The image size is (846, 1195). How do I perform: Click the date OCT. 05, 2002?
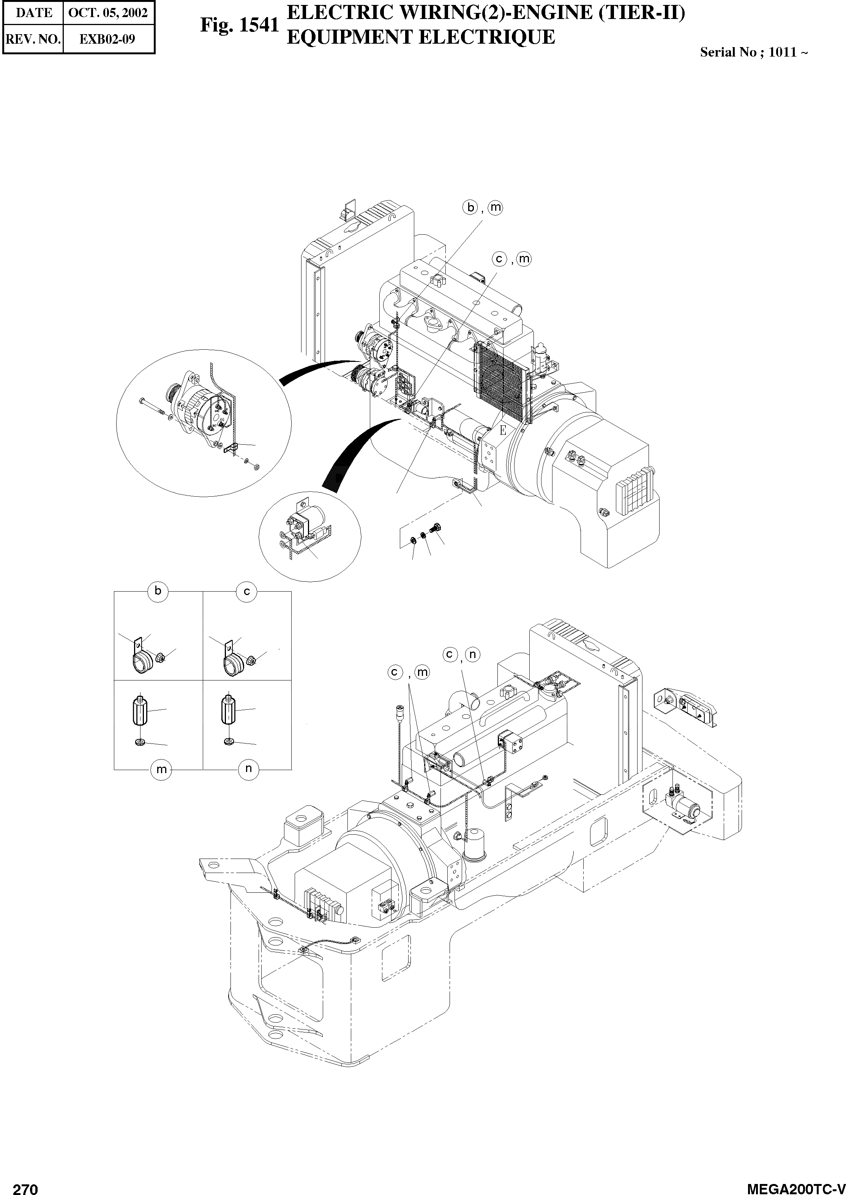click(x=108, y=13)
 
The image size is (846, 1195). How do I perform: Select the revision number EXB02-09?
click(x=107, y=39)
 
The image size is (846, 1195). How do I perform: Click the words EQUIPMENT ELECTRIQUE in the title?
click(x=421, y=38)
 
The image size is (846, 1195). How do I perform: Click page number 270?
click(x=25, y=1186)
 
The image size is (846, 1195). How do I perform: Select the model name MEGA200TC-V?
click(x=795, y=1186)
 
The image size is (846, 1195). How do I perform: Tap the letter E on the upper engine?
click(x=503, y=430)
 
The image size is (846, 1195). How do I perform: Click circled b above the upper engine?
click(x=470, y=207)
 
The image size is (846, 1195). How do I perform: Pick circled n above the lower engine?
click(x=472, y=654)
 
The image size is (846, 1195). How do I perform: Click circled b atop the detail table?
click(x=158, y=591)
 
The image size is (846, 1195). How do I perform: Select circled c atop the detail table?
click(x=246, y=591)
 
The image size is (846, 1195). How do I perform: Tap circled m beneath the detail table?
click(x=161, y=769)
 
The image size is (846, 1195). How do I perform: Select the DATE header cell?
click(x=34, y=13)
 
